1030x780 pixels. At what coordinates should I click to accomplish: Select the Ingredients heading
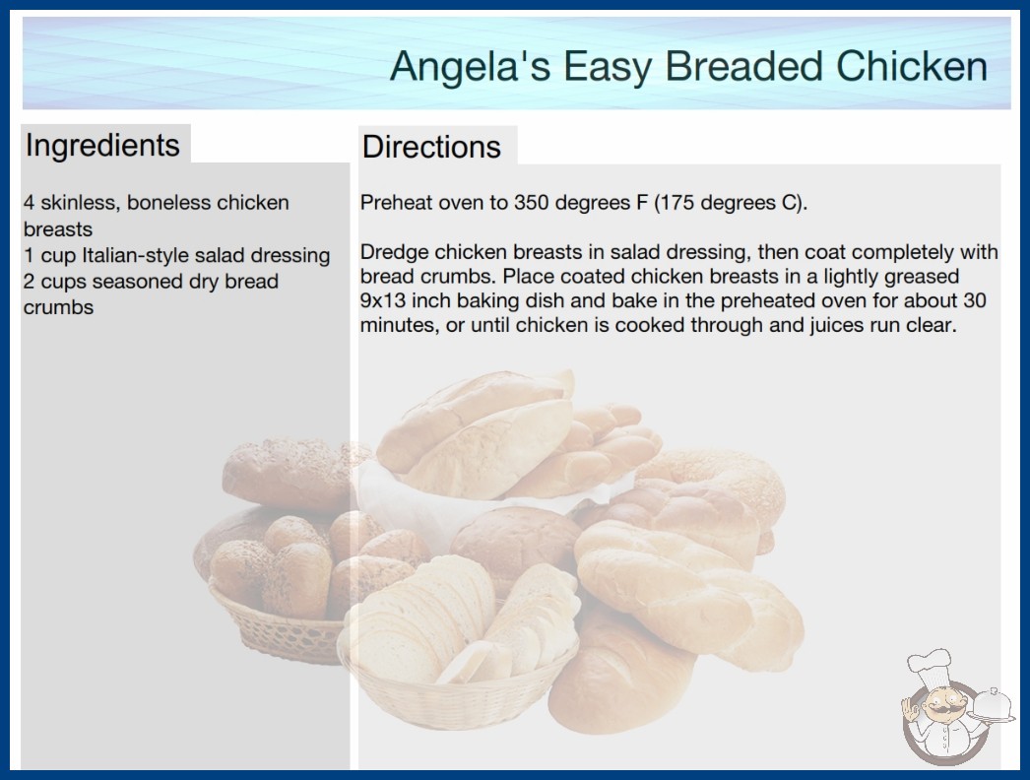[102, 146]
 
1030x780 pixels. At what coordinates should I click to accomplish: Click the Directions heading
[431, 147]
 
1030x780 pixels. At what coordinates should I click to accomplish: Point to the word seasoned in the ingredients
[137, 282]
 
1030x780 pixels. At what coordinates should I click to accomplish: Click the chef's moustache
[943, 709]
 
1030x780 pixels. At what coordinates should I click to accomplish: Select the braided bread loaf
[688, 596]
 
